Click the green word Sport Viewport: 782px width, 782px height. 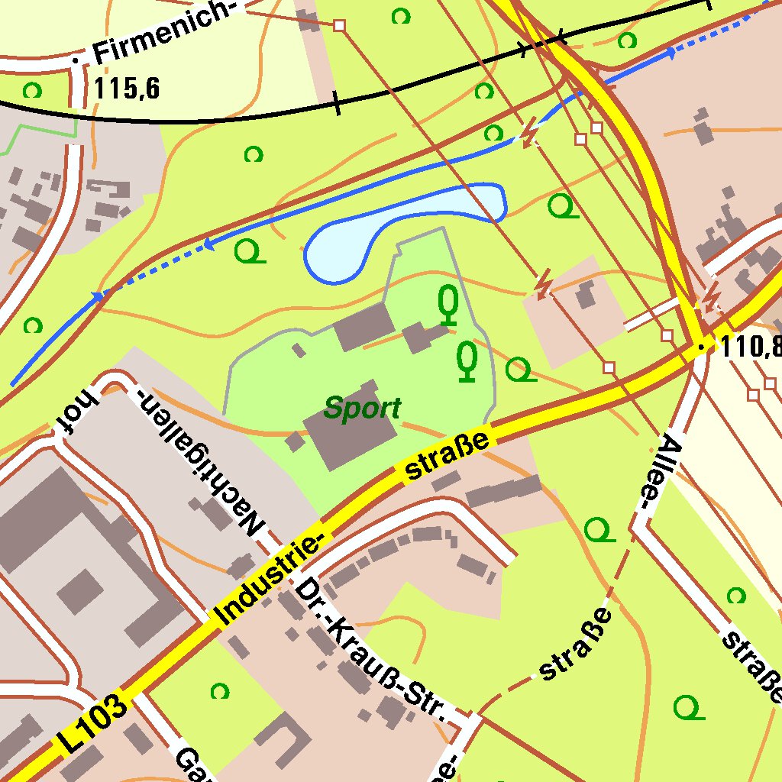coord(362,409)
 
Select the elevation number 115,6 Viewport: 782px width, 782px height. coord(127,89)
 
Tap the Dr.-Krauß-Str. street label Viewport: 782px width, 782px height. coord(370,650)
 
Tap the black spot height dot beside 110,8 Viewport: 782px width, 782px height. coord(702,347)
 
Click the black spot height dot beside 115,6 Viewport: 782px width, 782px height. coord(76,59)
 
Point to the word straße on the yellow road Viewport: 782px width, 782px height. coord(447,457)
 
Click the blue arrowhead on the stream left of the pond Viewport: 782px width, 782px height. coord(207,245)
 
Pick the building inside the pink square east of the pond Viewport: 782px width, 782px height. coord(586,295)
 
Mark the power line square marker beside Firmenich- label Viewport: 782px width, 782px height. coord(340,26)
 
